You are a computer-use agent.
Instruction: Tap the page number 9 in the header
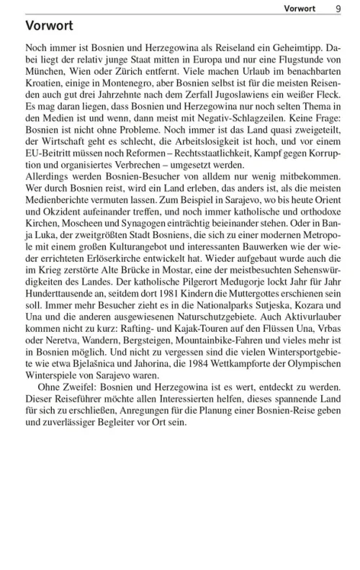[338, 8]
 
